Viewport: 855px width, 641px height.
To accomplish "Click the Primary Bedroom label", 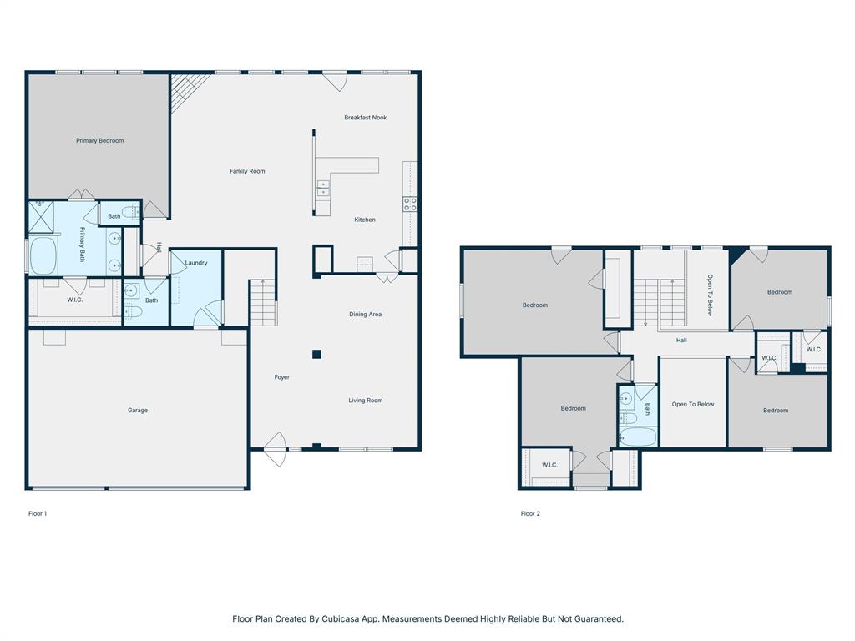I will (x=99, y=141).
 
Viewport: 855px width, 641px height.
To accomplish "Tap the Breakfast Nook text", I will (x=365, y=118).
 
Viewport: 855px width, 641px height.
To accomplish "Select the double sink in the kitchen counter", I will (x=322, y=189).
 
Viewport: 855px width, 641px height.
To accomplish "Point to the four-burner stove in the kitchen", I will (x=410, y=204).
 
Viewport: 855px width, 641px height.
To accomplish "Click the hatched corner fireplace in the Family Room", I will (x=185, y=89).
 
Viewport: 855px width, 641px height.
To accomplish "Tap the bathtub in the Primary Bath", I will (x=43, y=255).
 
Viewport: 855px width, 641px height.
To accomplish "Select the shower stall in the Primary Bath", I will (x=41, y=215).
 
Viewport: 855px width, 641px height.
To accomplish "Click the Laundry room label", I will (x=196, y=263).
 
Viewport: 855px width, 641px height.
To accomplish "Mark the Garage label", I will (x=138, y=411).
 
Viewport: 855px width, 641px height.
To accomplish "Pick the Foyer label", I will (x=282, y=377).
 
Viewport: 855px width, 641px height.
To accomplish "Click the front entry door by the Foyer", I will (x=275, y=448).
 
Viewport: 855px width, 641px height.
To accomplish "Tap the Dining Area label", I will (x=365, y=315).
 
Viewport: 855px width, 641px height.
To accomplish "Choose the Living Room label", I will (x=365, y=401).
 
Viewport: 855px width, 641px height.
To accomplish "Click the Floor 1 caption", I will (x=38, y=514).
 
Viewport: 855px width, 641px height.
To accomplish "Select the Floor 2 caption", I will (x=530, y=514).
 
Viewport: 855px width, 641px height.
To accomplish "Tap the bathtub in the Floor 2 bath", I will (x=637, y=436).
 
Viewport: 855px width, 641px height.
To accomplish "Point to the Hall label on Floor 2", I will (x=681, y=341).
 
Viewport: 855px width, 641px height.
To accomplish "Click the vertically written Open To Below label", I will (x=710, y=295).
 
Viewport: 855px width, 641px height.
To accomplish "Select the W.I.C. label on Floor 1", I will (x=74, y=300).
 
